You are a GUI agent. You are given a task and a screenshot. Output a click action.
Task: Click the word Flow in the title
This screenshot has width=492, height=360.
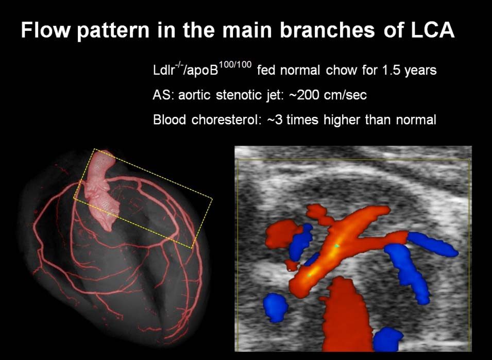point(45,30)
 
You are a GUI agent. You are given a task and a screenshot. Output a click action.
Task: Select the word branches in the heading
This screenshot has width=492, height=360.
point(327,30)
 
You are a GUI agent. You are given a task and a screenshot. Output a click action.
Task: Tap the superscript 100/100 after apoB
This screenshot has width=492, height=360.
point(235,65)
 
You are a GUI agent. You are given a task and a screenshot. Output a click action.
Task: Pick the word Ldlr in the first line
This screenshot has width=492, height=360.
point(164,70)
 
